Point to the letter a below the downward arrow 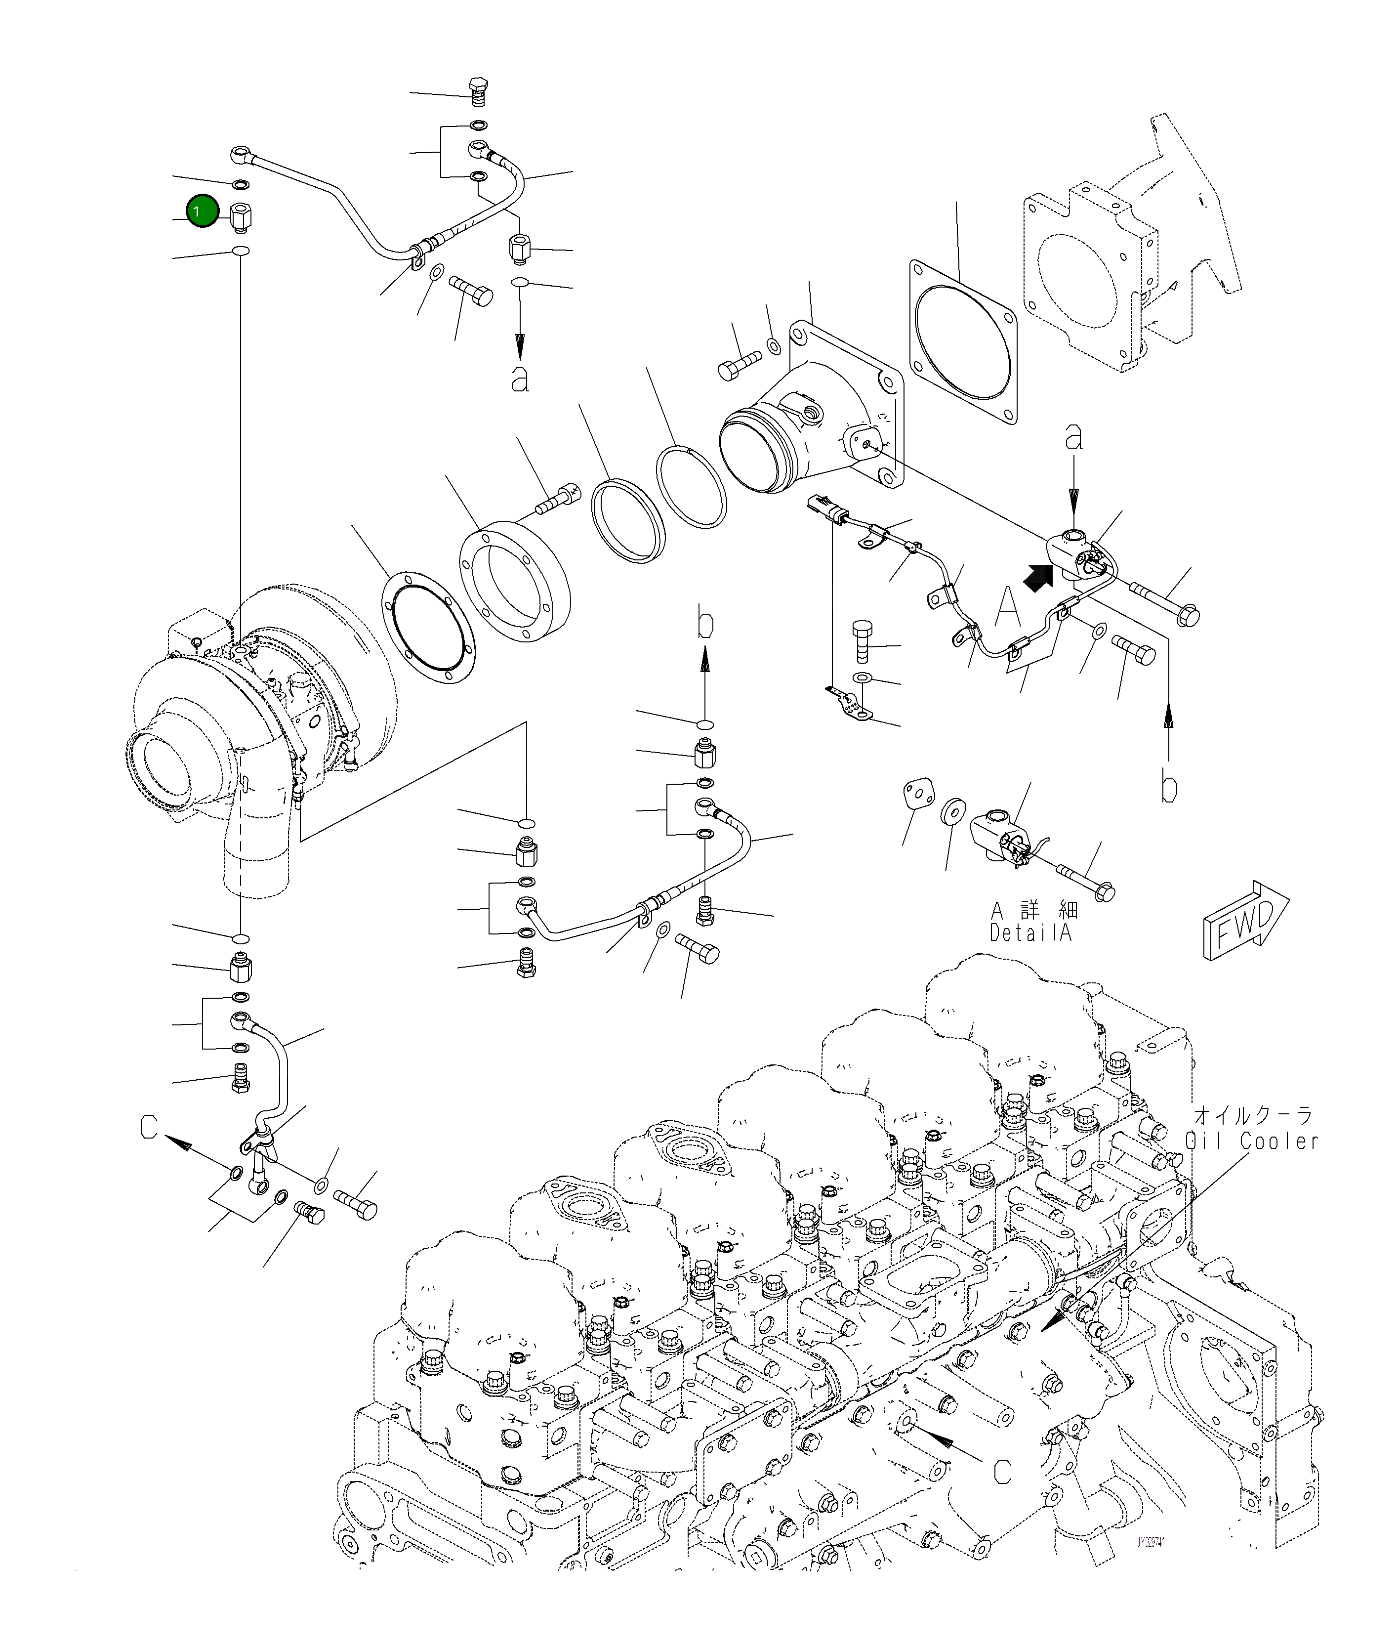(x=520, y=379)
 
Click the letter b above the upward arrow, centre (x=705, y=623)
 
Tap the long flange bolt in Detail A (x=1086, y=881)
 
